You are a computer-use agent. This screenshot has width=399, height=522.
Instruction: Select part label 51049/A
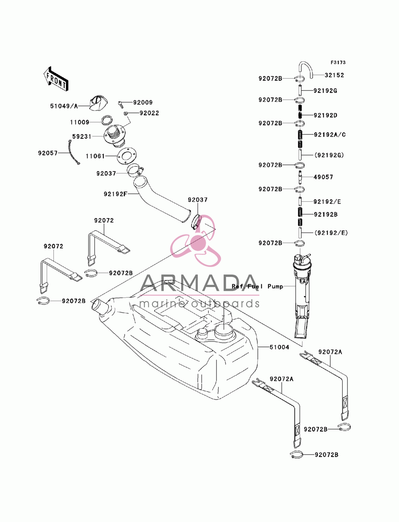coord(64,106)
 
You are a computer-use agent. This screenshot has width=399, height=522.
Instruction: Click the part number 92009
coord(142,102)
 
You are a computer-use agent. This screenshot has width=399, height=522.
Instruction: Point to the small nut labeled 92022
coord(125,114)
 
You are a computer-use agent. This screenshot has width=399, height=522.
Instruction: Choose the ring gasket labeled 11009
coord(107,120)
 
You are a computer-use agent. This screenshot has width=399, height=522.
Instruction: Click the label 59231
coord(82,136)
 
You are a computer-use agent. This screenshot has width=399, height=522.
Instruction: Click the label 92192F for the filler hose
coord(116,194)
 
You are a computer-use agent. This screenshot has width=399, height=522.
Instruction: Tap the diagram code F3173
coord(338,63)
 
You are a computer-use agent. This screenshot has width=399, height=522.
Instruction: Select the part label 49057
coord(323,177)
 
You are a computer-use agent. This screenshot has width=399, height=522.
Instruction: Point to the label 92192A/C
coord(330,135)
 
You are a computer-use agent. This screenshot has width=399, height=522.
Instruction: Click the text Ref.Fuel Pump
coord(257,287)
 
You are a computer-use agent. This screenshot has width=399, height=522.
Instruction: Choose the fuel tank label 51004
coord(279,347)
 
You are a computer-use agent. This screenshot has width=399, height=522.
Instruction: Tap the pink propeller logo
coord(196,241)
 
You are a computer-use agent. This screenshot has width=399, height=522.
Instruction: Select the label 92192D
coord(325,115)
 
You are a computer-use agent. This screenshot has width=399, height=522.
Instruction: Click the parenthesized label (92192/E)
coord(331,233)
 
